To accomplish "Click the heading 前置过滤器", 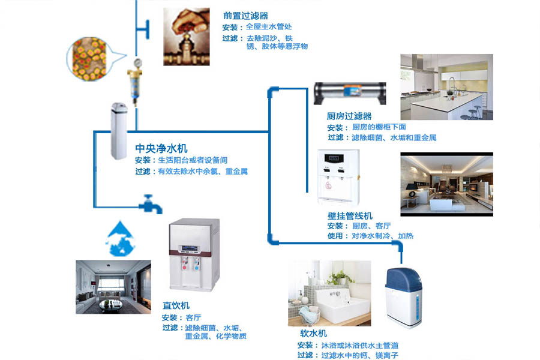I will (245, 16).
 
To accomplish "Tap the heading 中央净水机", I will (161, 148).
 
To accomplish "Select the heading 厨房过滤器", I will (349, 116).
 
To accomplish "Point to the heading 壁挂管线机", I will (350, 215).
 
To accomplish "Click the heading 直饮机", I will (176, 305).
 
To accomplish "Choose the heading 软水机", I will (313, 334).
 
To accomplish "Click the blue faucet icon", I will (151, 205).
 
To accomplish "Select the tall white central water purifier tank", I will (119, 131).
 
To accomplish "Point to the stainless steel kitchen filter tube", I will (350, 94).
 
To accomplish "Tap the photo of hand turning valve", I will (187, 37).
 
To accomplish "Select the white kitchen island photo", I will (446, 87).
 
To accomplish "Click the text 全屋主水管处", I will (269, 27).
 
